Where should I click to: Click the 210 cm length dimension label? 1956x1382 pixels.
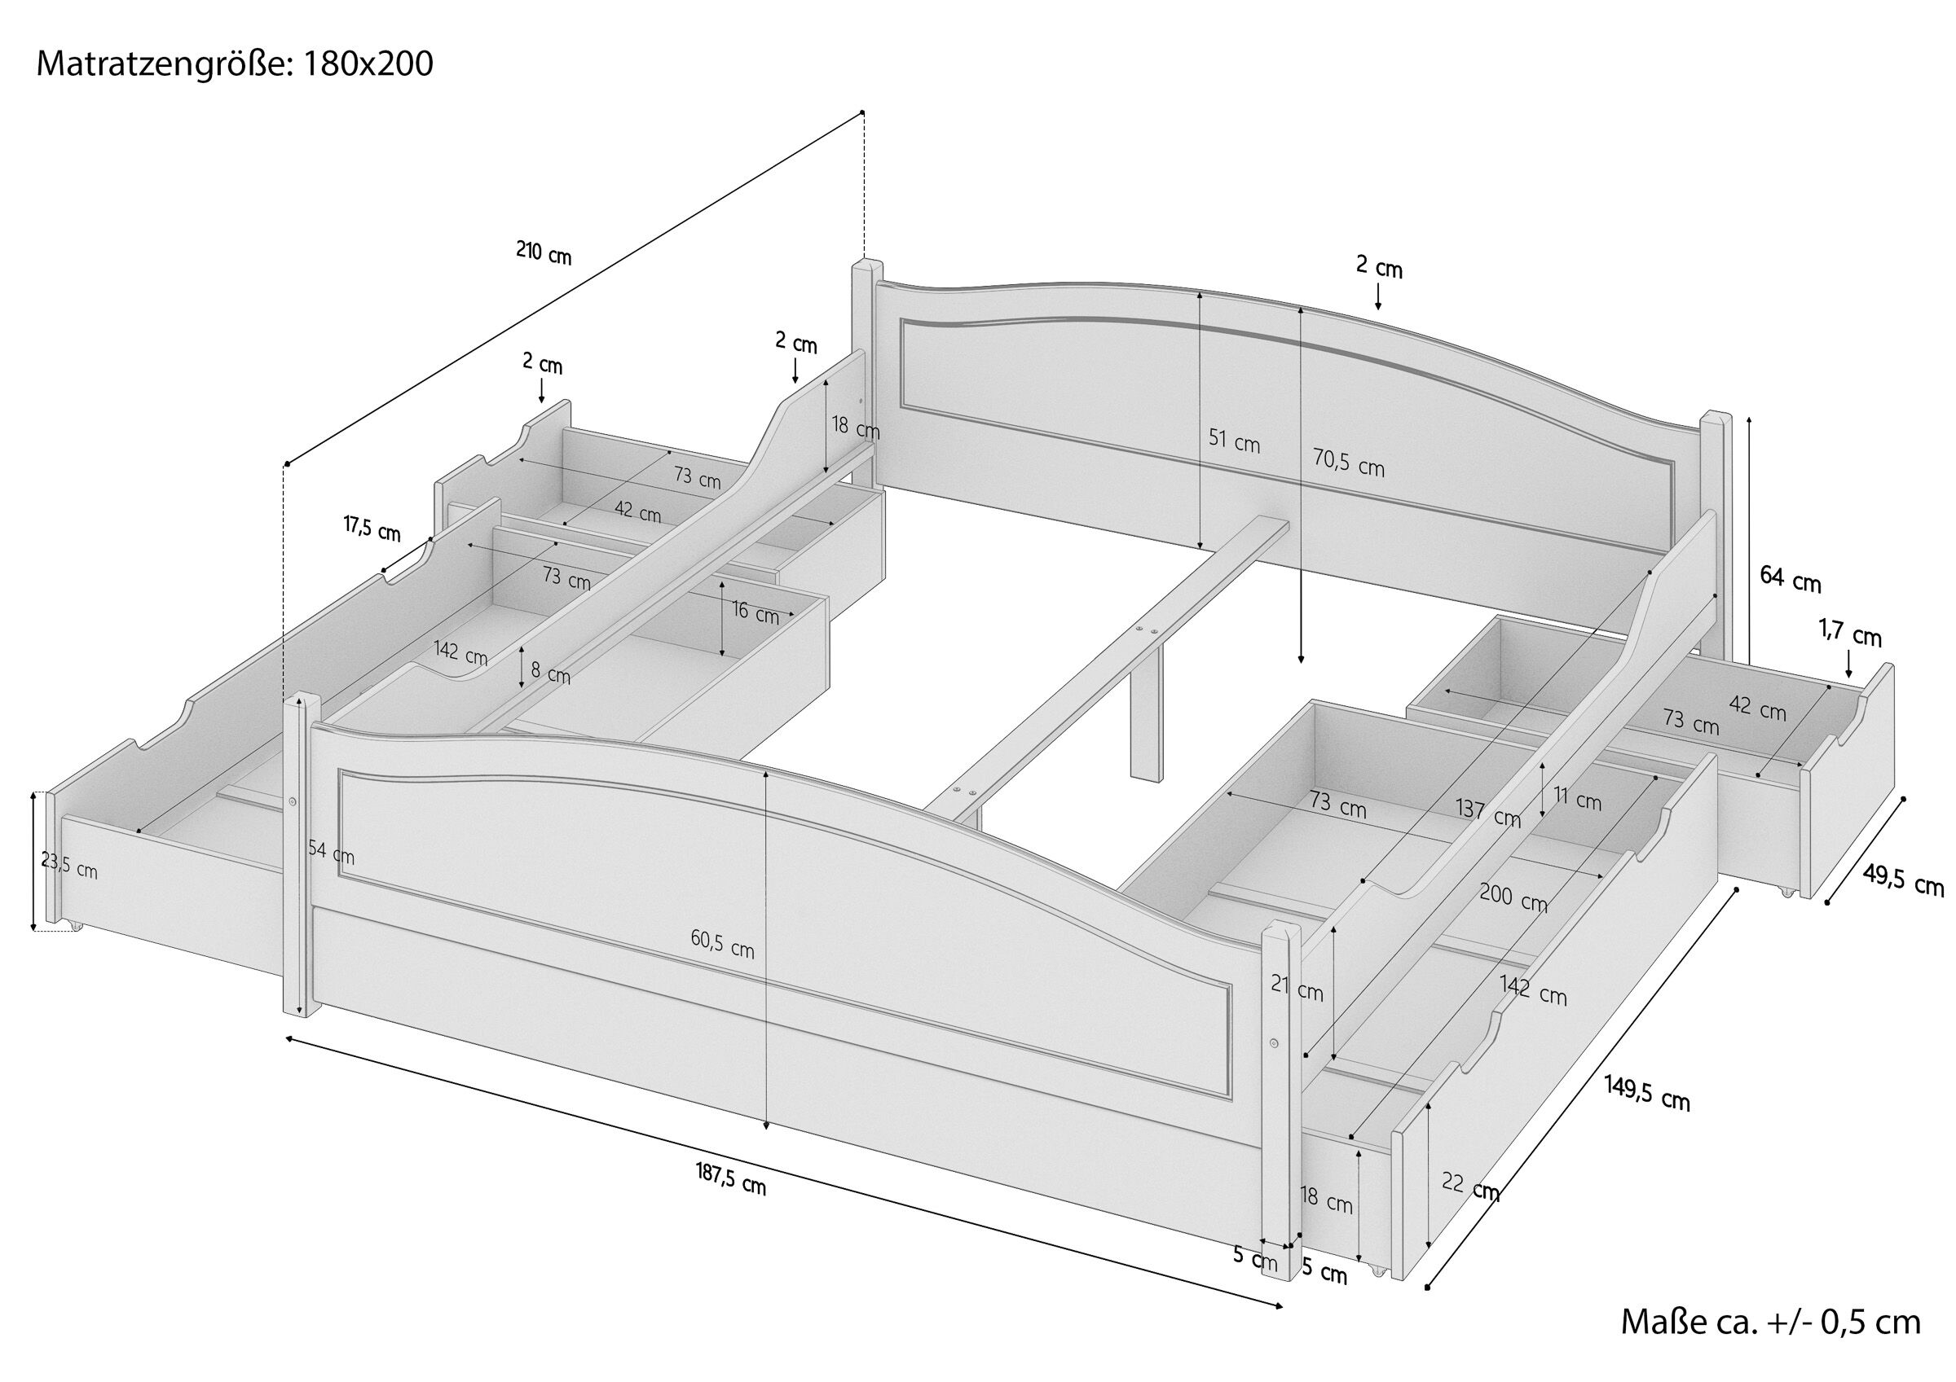544,254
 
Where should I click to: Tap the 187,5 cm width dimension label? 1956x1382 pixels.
731,1178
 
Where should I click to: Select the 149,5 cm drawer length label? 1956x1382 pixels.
1648,1092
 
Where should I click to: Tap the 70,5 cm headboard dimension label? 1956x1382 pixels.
1349,463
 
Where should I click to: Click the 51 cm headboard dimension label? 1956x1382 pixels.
1235,441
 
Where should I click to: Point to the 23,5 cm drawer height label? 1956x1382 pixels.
69,866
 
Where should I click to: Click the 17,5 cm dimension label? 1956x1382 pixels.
372,528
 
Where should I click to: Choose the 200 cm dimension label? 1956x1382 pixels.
1513,897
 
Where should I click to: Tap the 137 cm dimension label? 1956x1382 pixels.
1488,814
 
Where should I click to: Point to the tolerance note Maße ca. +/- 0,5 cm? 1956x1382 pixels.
1771,1323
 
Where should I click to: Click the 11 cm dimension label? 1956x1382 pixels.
1578,801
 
